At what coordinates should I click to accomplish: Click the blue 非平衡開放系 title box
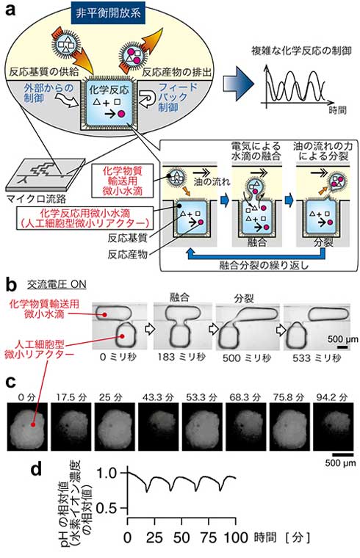pos(108,13)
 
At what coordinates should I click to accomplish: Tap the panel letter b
pos(12,286)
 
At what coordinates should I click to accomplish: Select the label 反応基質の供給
pos(44,72)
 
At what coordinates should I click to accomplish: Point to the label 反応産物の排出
pos(177,72)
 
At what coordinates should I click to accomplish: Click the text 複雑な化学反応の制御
pos(302,51)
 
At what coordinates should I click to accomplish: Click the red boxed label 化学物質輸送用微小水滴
pos(123,181)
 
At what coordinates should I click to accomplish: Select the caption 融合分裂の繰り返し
pos(264,265)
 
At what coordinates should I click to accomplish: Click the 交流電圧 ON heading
pos(57,284)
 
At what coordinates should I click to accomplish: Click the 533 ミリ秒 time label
pos(317,358)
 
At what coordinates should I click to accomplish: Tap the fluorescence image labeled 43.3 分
pos(159,427)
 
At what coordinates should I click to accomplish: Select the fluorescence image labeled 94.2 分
pos(334,427)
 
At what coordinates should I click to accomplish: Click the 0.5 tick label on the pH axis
pos(106,508)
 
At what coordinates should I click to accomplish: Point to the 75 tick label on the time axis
pos(209,537)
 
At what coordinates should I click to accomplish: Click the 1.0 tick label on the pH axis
pos(107,474)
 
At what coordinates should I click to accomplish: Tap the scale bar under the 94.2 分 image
pos(343,454)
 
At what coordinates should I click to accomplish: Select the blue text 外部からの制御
pos(48,93)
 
